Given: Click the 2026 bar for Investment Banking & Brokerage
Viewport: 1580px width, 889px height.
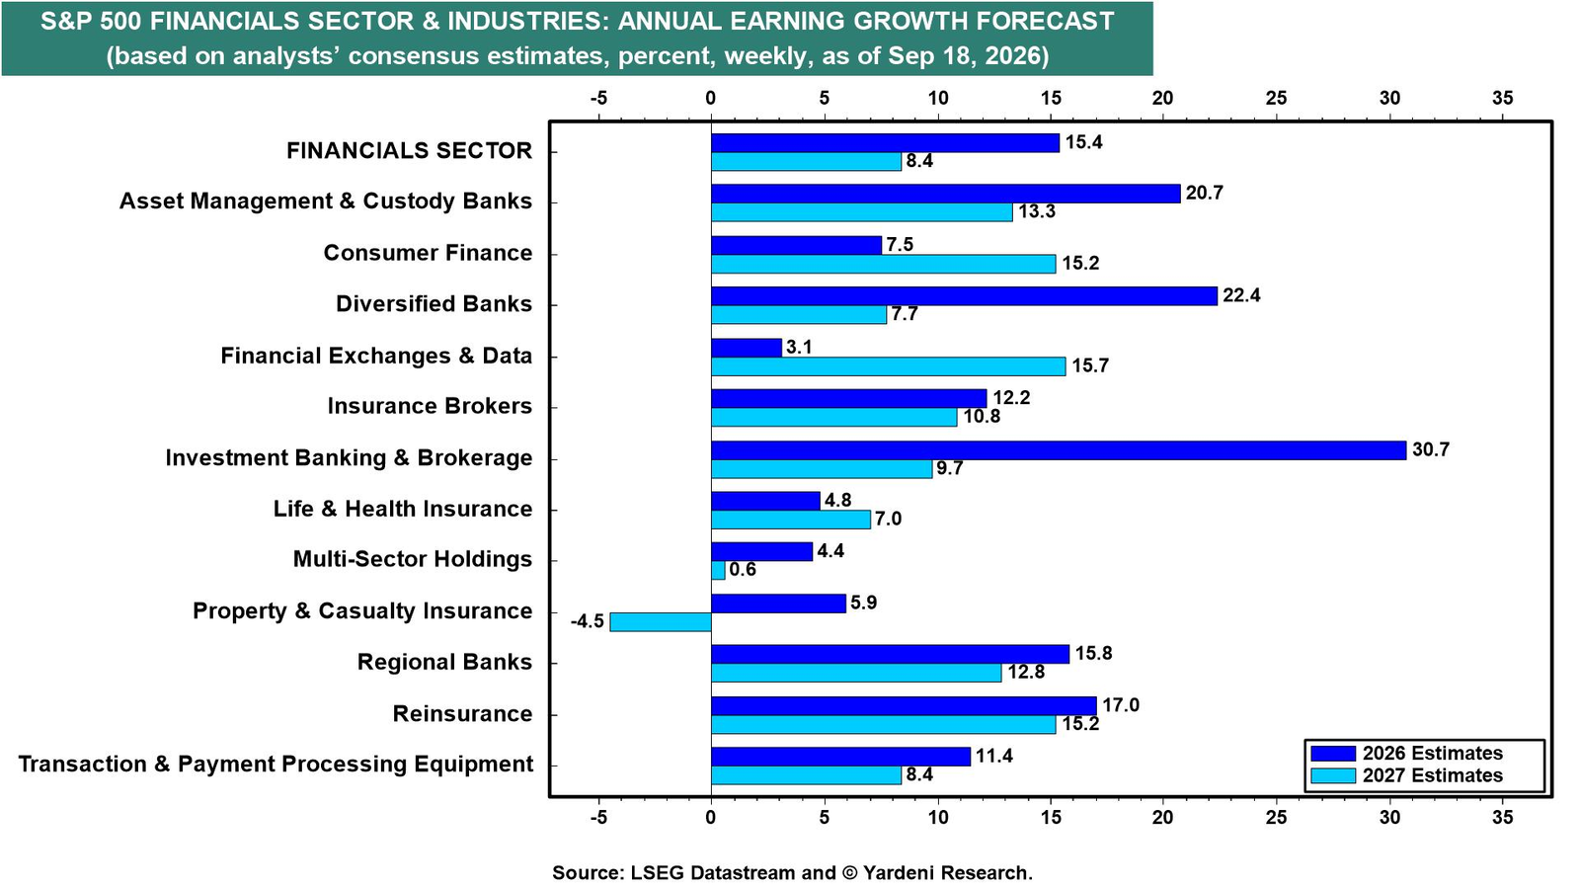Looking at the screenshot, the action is (x=1058, y=450).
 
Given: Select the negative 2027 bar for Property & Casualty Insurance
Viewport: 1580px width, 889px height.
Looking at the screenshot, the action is (x=661, y=622).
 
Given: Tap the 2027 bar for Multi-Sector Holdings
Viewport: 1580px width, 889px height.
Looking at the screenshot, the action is (x=718, y=570).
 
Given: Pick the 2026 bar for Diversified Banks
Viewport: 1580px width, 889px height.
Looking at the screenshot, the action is (x=964, y=296).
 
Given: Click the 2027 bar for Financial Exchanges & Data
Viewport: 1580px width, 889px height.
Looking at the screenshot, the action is (x=888, y=366).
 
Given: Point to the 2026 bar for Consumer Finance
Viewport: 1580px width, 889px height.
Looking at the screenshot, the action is (x=796, y=245).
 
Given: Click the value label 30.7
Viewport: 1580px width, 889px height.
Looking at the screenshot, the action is (x=1431, y=449).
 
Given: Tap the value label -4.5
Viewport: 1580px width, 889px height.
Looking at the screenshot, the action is (x=588, y=621).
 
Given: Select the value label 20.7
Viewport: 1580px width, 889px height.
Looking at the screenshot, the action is (x=1204, y=193).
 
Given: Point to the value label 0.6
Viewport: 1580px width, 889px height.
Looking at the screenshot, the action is (x=742, y=569).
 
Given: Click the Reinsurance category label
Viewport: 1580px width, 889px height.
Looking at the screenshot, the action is (x=463, y=713).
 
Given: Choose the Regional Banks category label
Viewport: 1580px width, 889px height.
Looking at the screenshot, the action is (x=445, y=662).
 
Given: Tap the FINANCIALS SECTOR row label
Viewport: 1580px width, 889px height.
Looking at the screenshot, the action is (x=409, y=150).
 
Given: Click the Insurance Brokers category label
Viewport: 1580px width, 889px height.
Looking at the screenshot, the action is (x=430, y=406).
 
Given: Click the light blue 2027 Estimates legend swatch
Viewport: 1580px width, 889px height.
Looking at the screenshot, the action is (x=1332, y=776).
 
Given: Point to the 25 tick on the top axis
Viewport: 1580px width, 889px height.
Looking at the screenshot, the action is (x=1277, y=98).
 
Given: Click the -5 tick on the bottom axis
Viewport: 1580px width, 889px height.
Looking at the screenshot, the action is (x=598, y=817).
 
